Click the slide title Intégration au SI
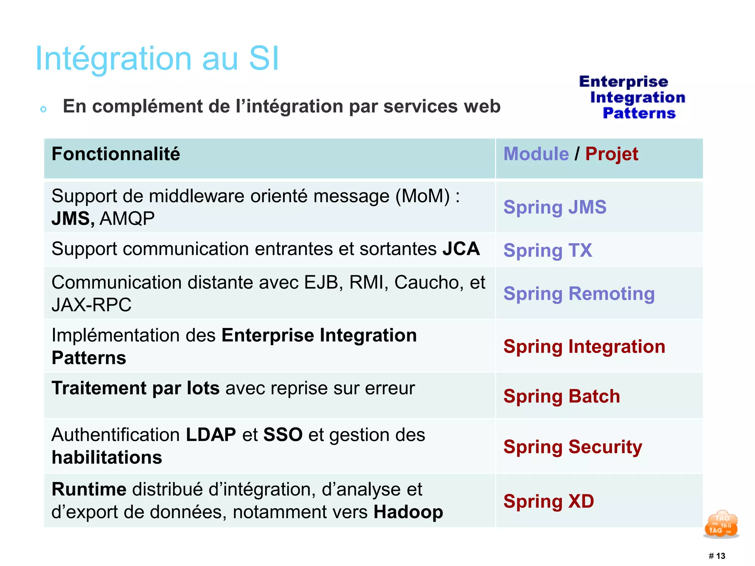[x=157, y=59]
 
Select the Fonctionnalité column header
[x=116, y=154]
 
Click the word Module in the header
[x=536, y=154]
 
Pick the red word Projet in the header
[x=612, y=154]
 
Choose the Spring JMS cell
[x=555, y=207]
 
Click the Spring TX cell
[x=548, y=251]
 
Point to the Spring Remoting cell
[x=579, y=294]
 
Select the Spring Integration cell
[x=584, y=347]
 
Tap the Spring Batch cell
[x=562, y=396]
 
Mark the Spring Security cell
[x=573, y=447]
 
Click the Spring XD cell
[x=549, y=502]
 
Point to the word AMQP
[x=127, y=219]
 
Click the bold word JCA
[x=461, y=249]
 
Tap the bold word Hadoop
[x=408, y=512]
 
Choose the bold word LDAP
[x=211, y=435]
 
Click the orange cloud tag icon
[x=721, y=524]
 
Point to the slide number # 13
[x=717, y=556]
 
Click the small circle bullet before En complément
[x=44, y=109]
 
